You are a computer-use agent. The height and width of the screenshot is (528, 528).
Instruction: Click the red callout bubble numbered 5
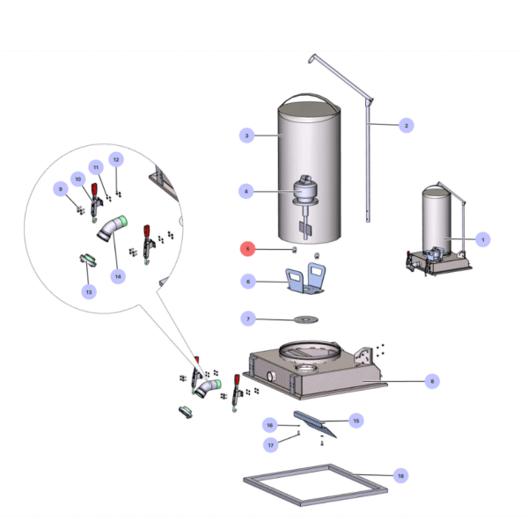pos(248,249)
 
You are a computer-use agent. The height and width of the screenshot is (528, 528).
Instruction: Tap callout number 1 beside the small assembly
pos(481,238)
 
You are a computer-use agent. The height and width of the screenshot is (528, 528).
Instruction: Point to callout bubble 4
pos(248,190)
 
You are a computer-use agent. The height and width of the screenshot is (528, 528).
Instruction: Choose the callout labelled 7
pos(248,318)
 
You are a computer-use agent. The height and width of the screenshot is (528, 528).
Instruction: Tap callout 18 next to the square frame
pos(400,475)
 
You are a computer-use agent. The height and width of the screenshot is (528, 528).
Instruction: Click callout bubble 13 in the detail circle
pos(88,291)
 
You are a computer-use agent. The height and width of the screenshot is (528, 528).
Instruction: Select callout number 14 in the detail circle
pos(116,275)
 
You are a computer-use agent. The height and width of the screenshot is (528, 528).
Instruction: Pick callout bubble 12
pos(116,159)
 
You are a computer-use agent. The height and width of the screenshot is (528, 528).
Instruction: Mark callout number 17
pos(271,444)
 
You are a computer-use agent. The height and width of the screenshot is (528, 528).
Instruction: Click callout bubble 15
pos(356,421)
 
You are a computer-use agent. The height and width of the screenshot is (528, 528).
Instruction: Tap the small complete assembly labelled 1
pos(437,233)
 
